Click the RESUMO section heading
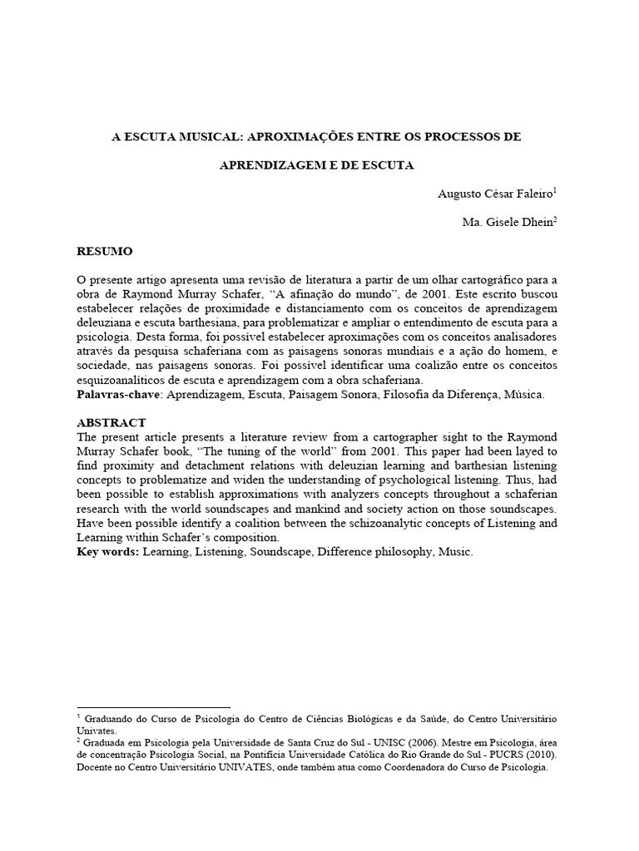click(x=104, y=251)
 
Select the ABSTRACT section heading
click(x=111, y=422)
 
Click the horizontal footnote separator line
click(x=153, y=706)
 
